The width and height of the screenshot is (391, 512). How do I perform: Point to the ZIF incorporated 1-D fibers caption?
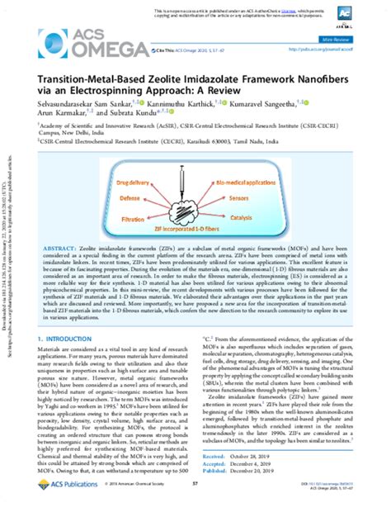pos(196,235)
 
